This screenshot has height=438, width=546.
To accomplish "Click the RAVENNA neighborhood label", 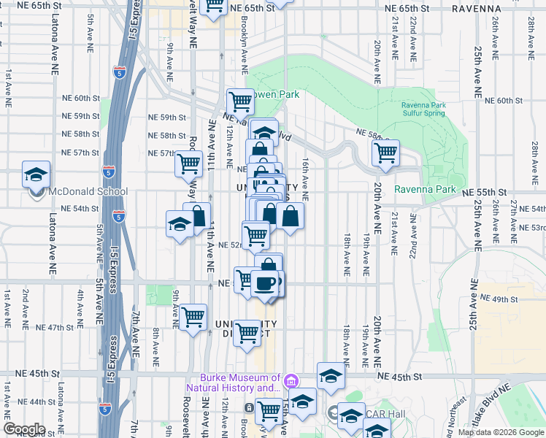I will click(x=477, y=9).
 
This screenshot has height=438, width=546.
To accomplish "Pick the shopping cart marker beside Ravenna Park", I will click(x=385, y=154).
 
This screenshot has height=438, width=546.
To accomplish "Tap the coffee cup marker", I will click(x=265, y=283).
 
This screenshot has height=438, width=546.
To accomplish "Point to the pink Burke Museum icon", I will click(x=291, y=381).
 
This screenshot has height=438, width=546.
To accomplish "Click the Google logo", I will click(x=24, y=429).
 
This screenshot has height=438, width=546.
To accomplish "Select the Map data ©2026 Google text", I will click(x=500, y=432).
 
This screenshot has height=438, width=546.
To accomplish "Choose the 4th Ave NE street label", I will click(x=81, y=306).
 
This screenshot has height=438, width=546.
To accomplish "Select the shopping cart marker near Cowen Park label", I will click(x=239, y=101).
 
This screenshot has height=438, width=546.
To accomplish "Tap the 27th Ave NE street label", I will click(x=513, y=215).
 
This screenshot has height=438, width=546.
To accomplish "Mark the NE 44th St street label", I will click(x=26, y=402).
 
